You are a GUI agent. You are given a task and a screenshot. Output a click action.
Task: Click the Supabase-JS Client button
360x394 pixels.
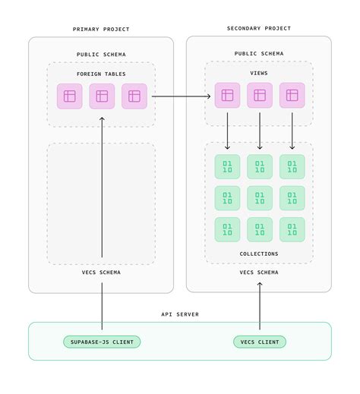(x=102, y=342)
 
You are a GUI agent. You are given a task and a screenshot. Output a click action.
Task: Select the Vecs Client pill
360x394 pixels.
(x=260, y=342)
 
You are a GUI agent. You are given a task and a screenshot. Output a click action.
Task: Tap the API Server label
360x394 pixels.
(x=180, y=314)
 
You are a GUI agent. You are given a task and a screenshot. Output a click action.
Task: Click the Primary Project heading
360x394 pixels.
(x=101, y=30)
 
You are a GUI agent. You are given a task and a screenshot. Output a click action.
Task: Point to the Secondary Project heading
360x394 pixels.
(x=259, y=29)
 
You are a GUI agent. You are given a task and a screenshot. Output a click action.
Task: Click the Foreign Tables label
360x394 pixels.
(x=101, y=74)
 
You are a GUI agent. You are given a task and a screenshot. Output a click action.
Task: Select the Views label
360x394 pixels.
(x=259, y=74)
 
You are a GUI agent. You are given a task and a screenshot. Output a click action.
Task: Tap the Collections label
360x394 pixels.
(x=259, y=254)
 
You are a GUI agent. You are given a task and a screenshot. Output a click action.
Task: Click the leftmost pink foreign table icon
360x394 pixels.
(x=70, y=96)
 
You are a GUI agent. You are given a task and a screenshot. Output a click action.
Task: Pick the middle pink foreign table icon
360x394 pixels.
(x=102, y=96)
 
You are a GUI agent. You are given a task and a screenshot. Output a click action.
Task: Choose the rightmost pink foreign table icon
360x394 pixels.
(x=134, y=96)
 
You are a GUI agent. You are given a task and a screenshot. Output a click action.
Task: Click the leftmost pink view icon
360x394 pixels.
(x=227, y=95)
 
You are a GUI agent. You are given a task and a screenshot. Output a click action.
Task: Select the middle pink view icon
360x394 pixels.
(x=260, y=95)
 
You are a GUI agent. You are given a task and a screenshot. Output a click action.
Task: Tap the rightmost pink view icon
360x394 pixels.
(x=292, y=95)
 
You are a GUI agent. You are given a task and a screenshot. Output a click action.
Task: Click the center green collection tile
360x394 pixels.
(x=260, y=198)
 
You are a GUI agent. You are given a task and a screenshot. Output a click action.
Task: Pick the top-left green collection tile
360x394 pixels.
(x=227, y=167)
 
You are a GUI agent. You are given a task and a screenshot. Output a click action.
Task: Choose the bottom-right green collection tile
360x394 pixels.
(x=292, y=229)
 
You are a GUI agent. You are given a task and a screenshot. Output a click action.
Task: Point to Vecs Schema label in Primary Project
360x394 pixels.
(x=101, y=272)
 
